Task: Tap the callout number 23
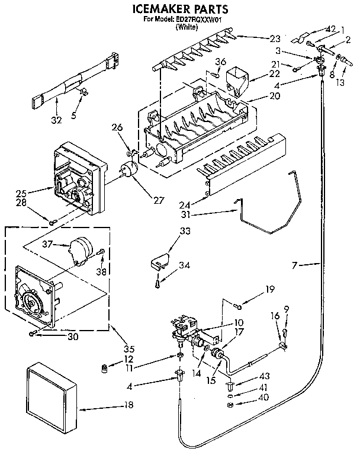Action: pos(275,39)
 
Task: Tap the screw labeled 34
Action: pos(157,284)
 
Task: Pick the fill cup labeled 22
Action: pos(240,79)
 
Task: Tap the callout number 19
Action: pos(269,290)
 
